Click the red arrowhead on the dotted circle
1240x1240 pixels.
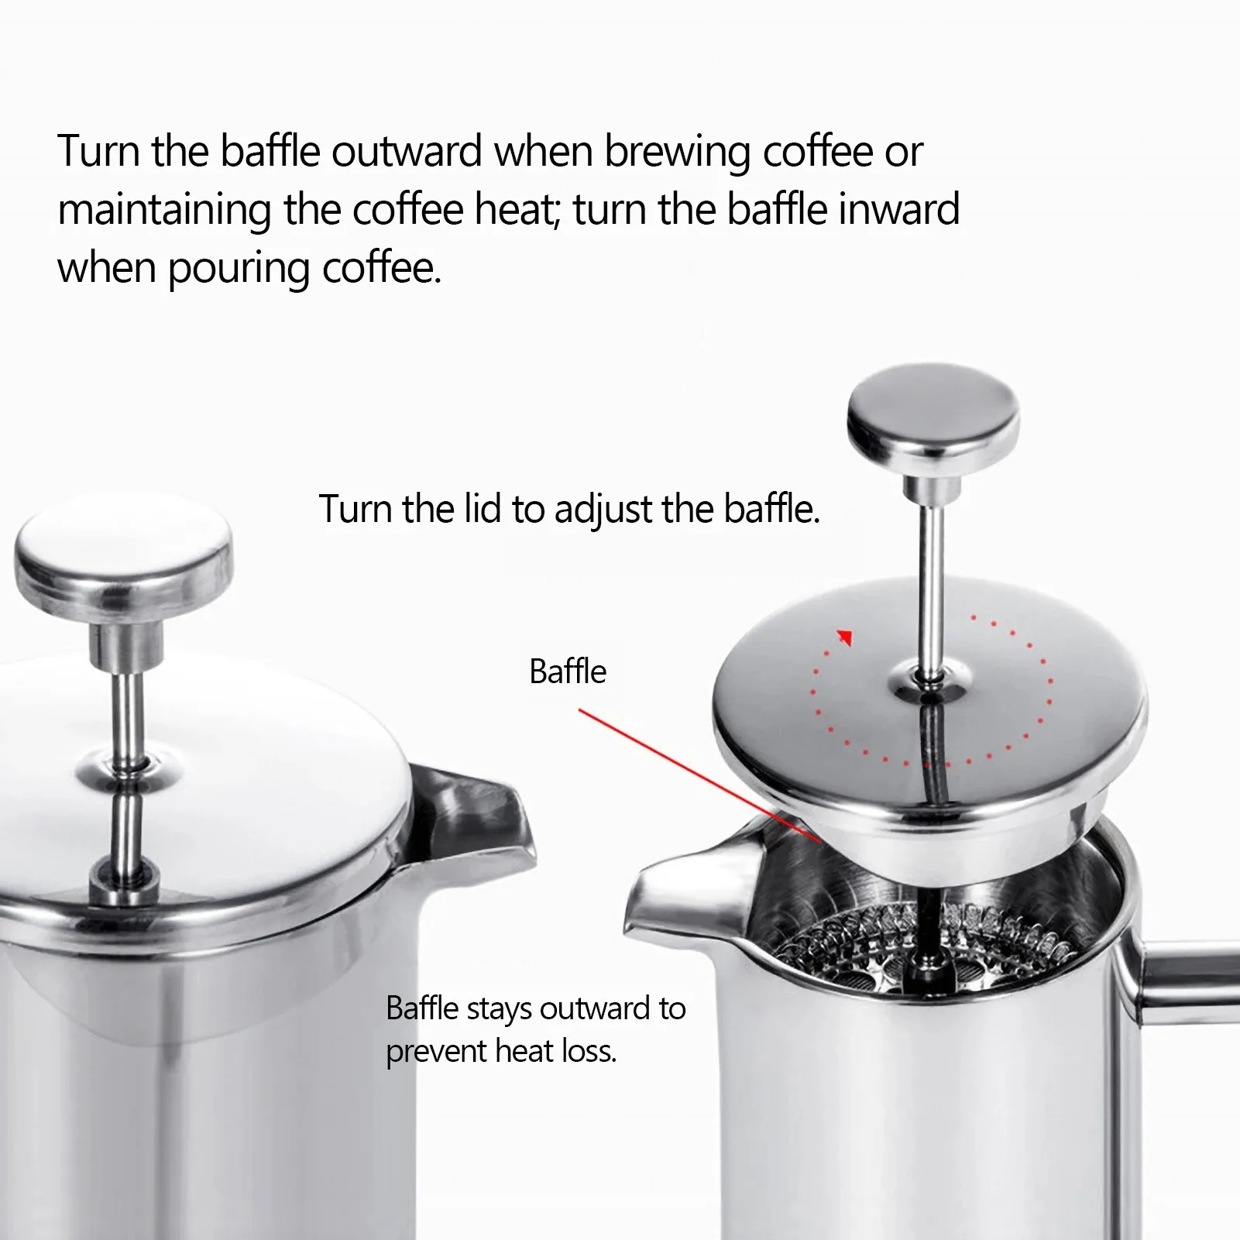(845, 637)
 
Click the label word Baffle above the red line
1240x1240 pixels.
(568, 672)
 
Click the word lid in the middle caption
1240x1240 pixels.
(483, 509)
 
